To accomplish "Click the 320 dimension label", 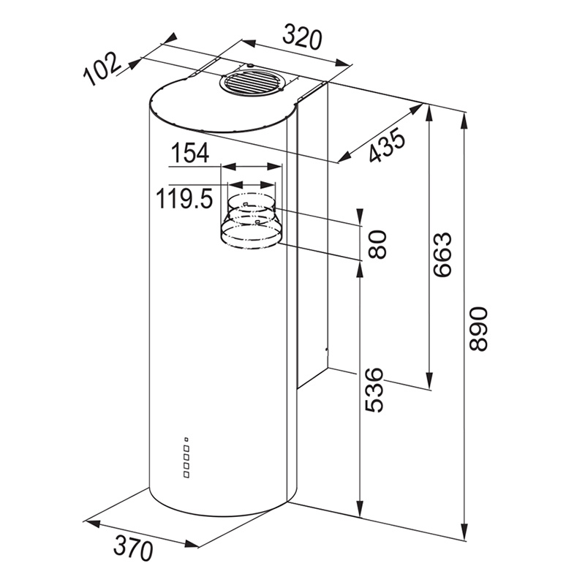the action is point(302,37).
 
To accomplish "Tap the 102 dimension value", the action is point(102,69).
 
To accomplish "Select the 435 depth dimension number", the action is point(387,145).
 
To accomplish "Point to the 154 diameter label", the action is point(190,153).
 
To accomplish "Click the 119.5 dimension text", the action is point(184,198).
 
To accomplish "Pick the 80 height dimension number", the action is point(377,244).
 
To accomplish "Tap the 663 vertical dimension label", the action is point(443,254).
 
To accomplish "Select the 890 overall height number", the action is point(479,328).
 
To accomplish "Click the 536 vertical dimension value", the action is point(374,390).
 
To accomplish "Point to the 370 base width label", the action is point(133,547).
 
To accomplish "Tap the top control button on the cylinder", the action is point(186,439).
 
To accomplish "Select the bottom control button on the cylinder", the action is point(186,475).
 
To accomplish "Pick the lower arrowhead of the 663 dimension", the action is point(429,380).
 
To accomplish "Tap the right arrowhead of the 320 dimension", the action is point(342,63).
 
